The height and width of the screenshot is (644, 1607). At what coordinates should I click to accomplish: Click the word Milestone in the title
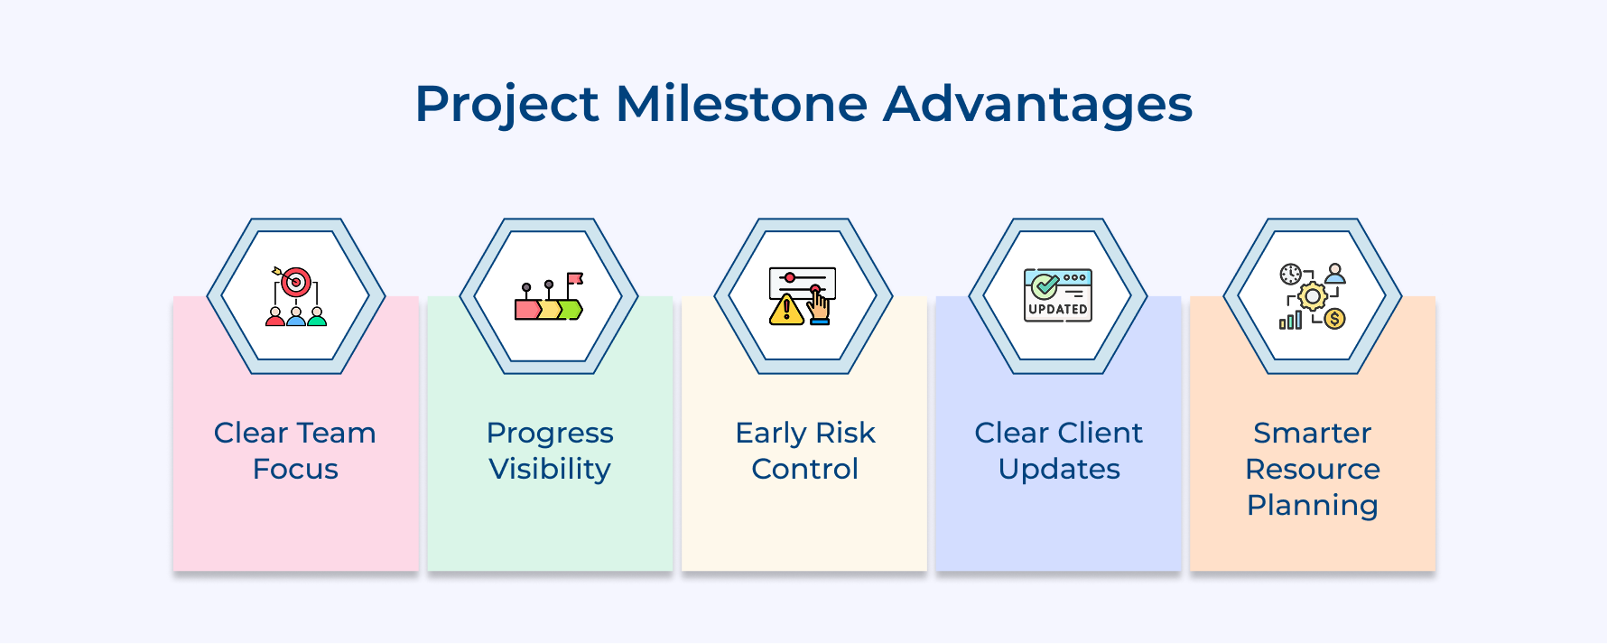pyautogui.click(x=740, y=104)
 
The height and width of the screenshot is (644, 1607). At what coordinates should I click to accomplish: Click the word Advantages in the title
pyautogui.click(x=1037, y=104)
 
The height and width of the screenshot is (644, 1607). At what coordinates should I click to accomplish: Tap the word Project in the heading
pyautogui.click(x=506, y=104)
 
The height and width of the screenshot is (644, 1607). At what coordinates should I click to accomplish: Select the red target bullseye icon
pyautogui.click(x=295, y=283)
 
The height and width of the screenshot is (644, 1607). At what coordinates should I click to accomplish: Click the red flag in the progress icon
pyautogui.click(x=574, y=278)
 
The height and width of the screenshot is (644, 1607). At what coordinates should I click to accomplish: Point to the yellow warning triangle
pyautogui.click(x=786, y=310)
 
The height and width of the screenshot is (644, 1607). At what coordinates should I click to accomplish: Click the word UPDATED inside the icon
pyautogui.click(x=1058, y=309)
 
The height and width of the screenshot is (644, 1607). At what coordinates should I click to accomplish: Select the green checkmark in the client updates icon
pyautogui.click(x=1045, y=286)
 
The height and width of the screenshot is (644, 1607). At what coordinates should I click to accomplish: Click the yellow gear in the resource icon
pyautogui.click(x=1312, y=296)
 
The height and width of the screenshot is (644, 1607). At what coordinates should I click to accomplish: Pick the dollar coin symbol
pyautogui.click(x=1334, y=319)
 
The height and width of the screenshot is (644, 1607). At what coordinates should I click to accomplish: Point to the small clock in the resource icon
pyautogui.click(x=1290, y=274)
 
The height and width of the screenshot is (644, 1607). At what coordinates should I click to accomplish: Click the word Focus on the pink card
pyautogui.click(x=295, y=469)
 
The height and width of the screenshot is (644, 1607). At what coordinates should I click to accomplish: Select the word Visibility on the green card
pyautogui.click(x=549, y=469)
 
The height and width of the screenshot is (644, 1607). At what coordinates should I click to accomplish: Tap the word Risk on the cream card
pyautogui.click(x=845, y=433)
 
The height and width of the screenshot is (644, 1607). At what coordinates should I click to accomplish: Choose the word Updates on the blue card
pyautogui.click(x=1058, y=469)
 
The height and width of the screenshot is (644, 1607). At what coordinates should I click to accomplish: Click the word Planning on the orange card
pyautogui.click(x=1312, y=505)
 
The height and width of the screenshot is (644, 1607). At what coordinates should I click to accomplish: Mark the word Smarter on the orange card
pyautogui.click(x=1312, y=433)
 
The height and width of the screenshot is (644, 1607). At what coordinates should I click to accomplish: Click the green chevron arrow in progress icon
pyautogui.click(x=571, y=310)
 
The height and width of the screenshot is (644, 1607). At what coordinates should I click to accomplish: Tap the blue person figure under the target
pyautogui.click(x=295, y=317)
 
